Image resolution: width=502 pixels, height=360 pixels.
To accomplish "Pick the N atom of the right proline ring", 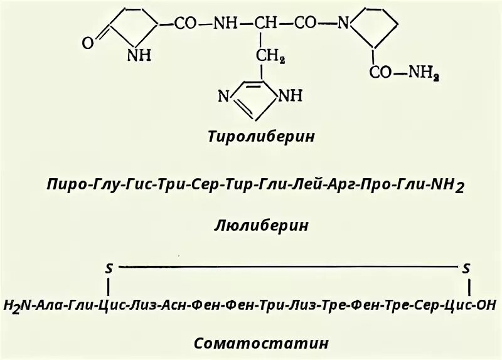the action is pos(343,24).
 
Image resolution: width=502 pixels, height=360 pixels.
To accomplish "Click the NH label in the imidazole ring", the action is pos(289,96).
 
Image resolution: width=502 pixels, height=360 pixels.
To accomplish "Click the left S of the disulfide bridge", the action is pos(109,268).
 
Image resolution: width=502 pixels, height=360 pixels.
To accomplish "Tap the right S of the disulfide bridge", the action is pos(466,268).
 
